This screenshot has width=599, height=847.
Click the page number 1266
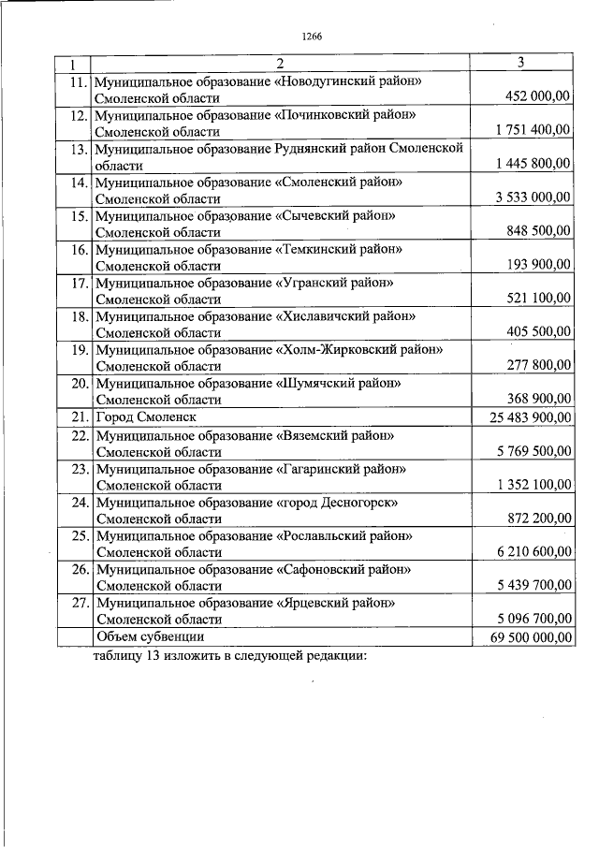(x=312, y=37)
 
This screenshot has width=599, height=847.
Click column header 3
(x=520, y=63)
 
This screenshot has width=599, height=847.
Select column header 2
(x=279, y=64)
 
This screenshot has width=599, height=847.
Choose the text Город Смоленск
(x=145, y=417)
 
